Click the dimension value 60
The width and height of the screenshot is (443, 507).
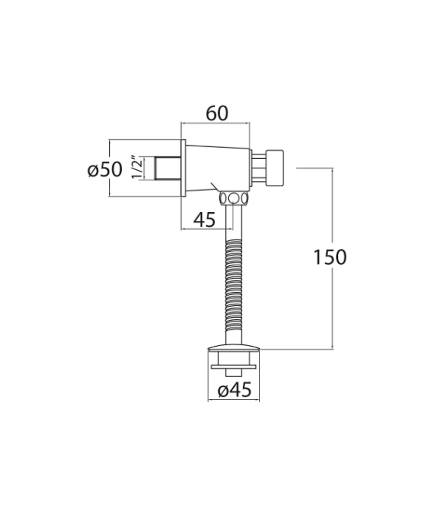tap(217, 114)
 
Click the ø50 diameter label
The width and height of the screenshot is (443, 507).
tap(105, 170)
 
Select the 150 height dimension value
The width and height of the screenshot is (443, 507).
tap(330, 257)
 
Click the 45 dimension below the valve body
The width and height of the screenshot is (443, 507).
tap(204, 220)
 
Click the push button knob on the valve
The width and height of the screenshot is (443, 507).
tap(274, 168)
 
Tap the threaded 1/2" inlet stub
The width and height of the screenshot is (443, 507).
tap(168, 168)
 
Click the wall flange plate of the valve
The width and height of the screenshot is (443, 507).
tap(183, 168)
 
